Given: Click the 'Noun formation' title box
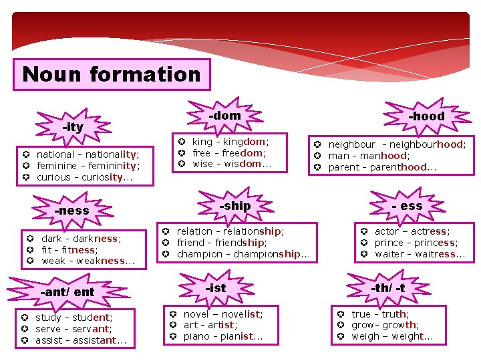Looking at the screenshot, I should (111, 74).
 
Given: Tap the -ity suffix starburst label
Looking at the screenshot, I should (73, 127).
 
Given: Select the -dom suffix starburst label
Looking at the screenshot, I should (224, 116).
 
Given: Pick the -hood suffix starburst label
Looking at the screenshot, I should (426, 116).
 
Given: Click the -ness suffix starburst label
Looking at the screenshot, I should (71, 211).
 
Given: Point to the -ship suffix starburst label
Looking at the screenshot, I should (234, 206).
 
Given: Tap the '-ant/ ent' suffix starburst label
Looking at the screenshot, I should (67, 292).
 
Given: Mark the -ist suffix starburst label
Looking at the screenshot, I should (216, 288).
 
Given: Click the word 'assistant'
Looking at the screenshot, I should (94, 340).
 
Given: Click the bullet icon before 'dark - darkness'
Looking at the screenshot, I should (31, 238).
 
